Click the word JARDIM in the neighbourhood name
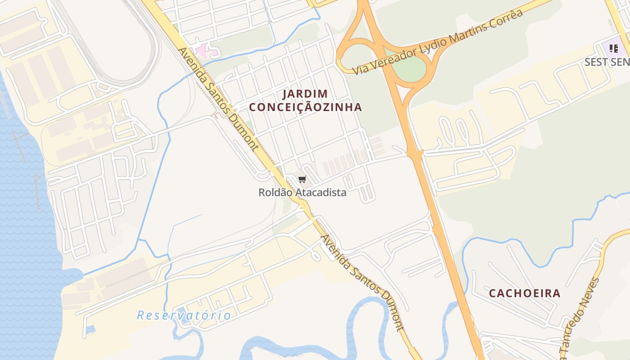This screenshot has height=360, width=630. [x=305, y=94]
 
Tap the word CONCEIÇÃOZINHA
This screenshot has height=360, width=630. [x=305, y=107]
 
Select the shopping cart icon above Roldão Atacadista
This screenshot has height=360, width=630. [x=302, y=180]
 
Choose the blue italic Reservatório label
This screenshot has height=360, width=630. [x=184, y=315]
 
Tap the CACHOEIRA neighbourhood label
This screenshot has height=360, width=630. [x=525, y=293]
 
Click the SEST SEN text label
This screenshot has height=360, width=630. [x=607, y=62]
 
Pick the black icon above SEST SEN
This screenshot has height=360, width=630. [x=613, y=49]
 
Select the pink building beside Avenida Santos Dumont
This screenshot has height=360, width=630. [x=205, y=51]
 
